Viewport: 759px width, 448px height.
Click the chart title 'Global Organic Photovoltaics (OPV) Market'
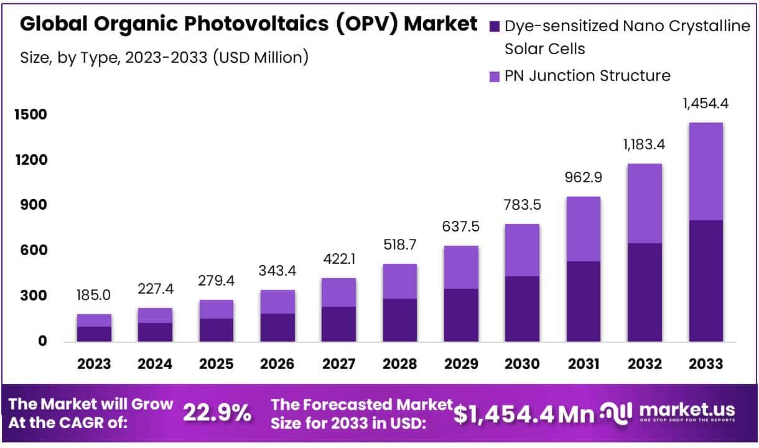tap(249, 24)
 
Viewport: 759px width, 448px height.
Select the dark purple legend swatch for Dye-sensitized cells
tap(495, 26)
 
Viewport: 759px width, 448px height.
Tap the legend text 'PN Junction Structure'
tap(587, 76)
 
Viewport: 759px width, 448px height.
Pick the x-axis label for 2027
tap(338, 364)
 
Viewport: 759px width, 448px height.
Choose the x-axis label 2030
tap(522, 364)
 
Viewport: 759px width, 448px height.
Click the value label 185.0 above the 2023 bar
tap(94, 295)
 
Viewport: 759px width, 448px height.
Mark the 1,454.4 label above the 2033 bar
tap(705, 103)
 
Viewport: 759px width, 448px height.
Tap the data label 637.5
tap(461, 226)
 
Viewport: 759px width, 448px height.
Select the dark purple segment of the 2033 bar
tap(705, 280)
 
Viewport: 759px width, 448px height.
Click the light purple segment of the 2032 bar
tap(645, 203)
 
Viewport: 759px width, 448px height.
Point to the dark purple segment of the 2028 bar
tap(399, 320)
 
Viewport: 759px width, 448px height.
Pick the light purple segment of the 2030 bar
tap(522, 250)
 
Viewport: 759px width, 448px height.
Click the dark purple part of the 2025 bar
tap(216, 330)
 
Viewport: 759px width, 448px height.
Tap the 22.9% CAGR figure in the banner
tap(217, 413)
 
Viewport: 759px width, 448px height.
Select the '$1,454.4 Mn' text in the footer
tap(523, 413)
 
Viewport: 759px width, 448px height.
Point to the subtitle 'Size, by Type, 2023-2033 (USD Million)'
tap(165, 58)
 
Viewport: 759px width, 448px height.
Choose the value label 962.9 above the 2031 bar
tap(583, 177)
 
